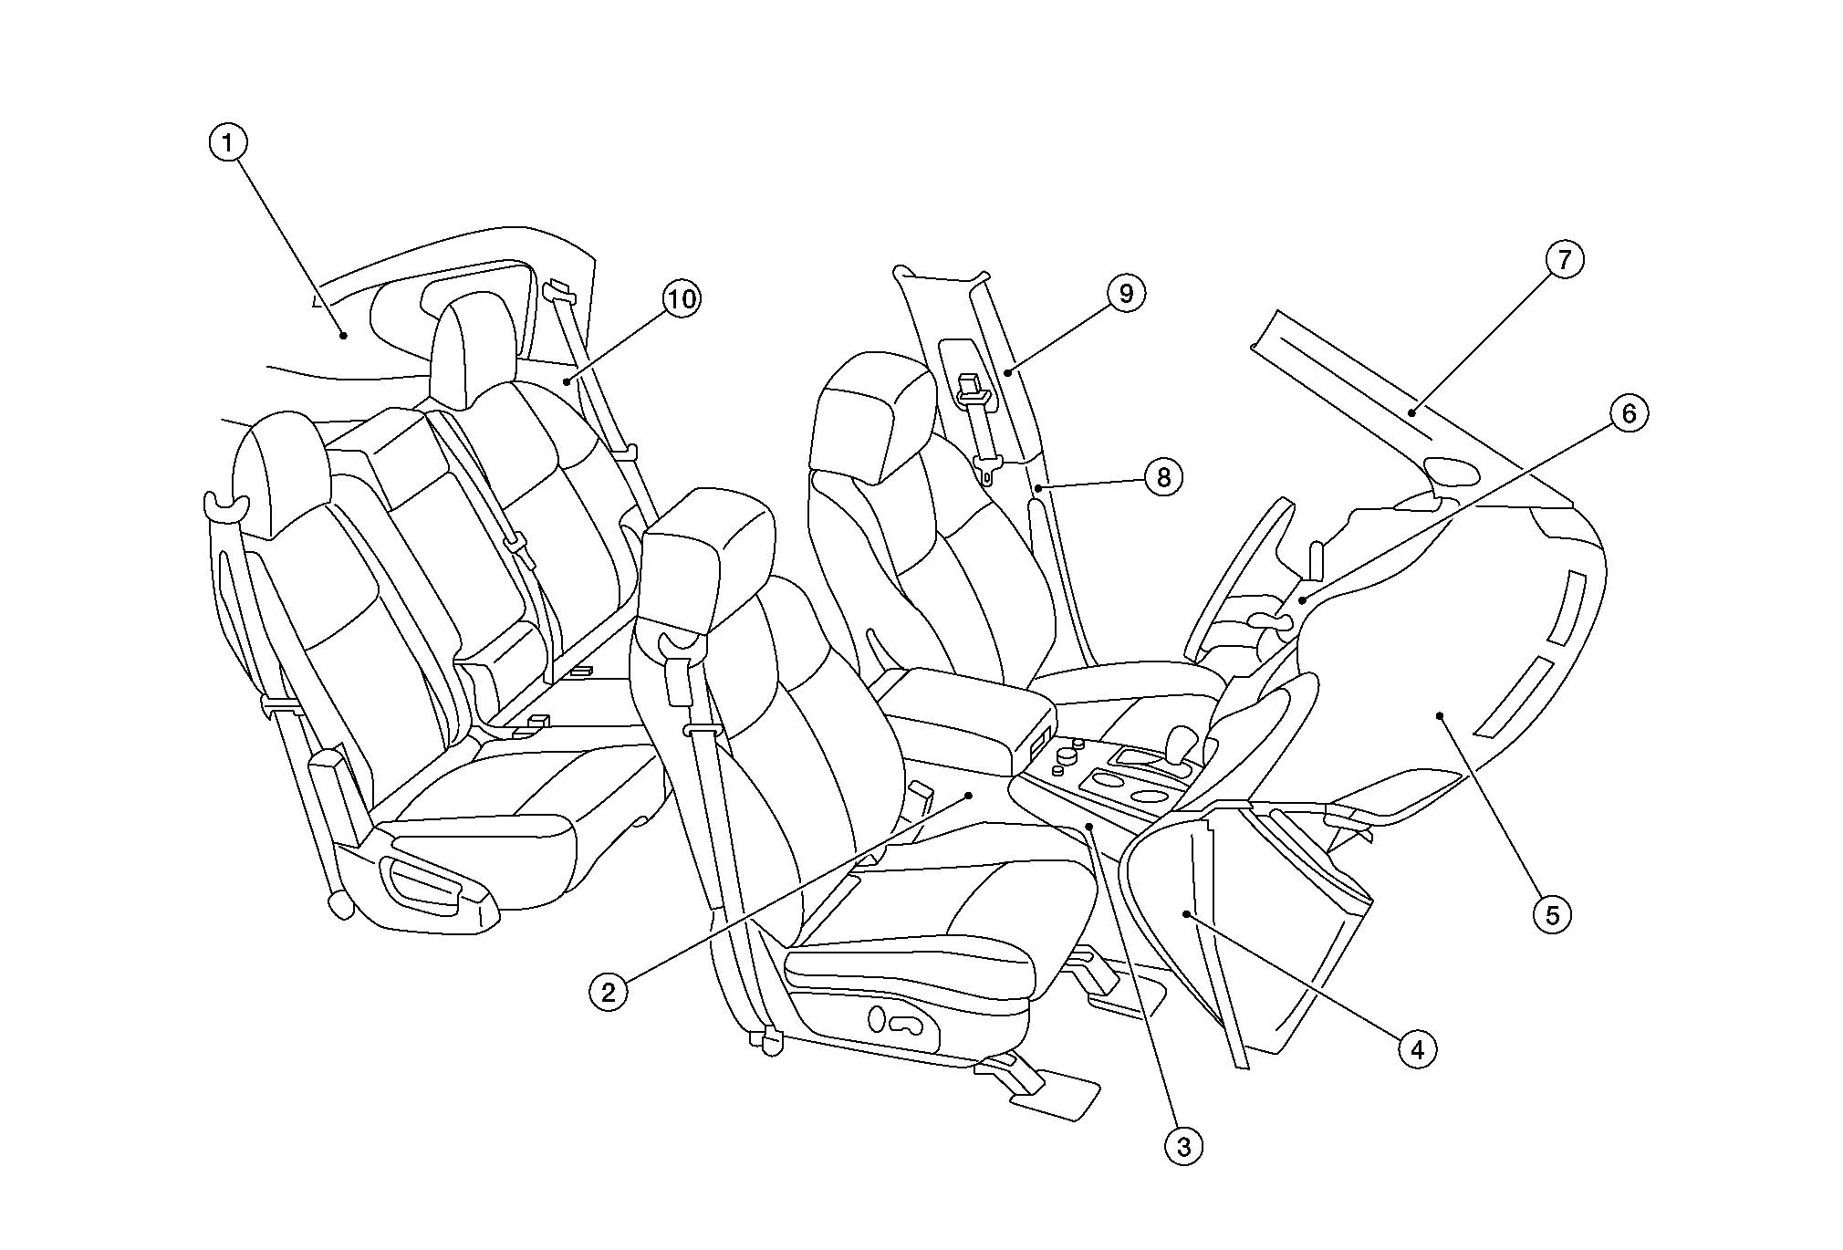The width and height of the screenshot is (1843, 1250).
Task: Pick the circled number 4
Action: point(1417,1050)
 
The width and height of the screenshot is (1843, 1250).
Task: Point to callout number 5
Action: point(1552,913)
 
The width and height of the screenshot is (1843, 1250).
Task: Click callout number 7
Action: point(1565,260)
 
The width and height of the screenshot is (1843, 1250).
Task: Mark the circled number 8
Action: point(1163,476)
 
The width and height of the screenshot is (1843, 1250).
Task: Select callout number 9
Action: point(1126,293)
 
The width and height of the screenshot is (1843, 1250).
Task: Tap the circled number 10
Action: point(682,298)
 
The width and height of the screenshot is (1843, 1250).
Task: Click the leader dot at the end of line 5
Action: point(1440,716)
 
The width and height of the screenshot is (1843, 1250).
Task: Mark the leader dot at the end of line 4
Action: point(1186,912)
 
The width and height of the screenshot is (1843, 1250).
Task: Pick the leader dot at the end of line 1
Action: point(344,336)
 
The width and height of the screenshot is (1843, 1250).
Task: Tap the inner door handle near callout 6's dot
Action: point(1270,622)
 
